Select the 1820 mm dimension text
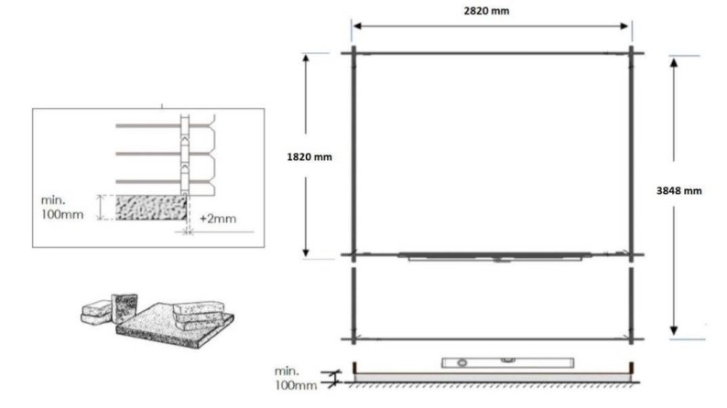(309, 156)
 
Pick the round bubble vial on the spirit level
(461, 363)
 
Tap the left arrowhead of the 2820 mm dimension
(357, 25)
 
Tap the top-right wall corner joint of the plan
(631, 52)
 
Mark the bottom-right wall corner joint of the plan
(631, 339)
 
